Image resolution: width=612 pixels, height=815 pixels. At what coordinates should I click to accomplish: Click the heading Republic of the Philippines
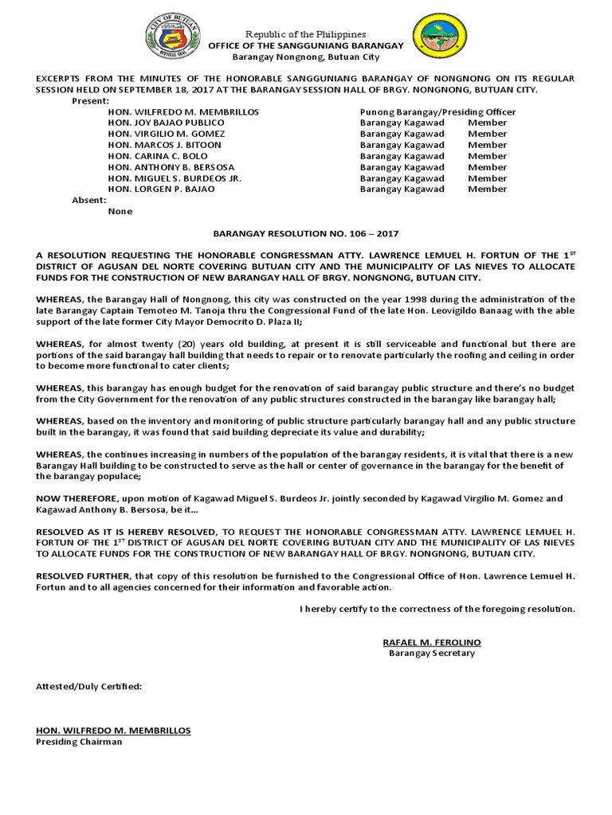point(305,34)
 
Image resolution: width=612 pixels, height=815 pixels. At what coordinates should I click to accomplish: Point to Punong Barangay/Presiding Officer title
point(437,112)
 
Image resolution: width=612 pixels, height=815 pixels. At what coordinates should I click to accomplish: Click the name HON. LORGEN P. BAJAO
point(157,189)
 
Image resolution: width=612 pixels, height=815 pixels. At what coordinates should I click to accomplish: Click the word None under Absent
point(120,212)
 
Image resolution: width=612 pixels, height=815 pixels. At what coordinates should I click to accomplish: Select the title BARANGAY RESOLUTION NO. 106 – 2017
point(305,234)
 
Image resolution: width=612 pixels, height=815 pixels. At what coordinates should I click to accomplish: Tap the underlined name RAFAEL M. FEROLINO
point(432,642)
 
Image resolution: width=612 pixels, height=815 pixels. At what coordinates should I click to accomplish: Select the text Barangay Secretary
point(432,653)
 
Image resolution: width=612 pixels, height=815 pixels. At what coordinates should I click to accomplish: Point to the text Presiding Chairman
point(80,742)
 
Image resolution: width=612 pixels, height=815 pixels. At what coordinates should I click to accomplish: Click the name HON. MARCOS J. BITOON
point(164,146)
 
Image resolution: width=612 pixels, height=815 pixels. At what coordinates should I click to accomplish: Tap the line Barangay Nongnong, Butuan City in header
point(305,57)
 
